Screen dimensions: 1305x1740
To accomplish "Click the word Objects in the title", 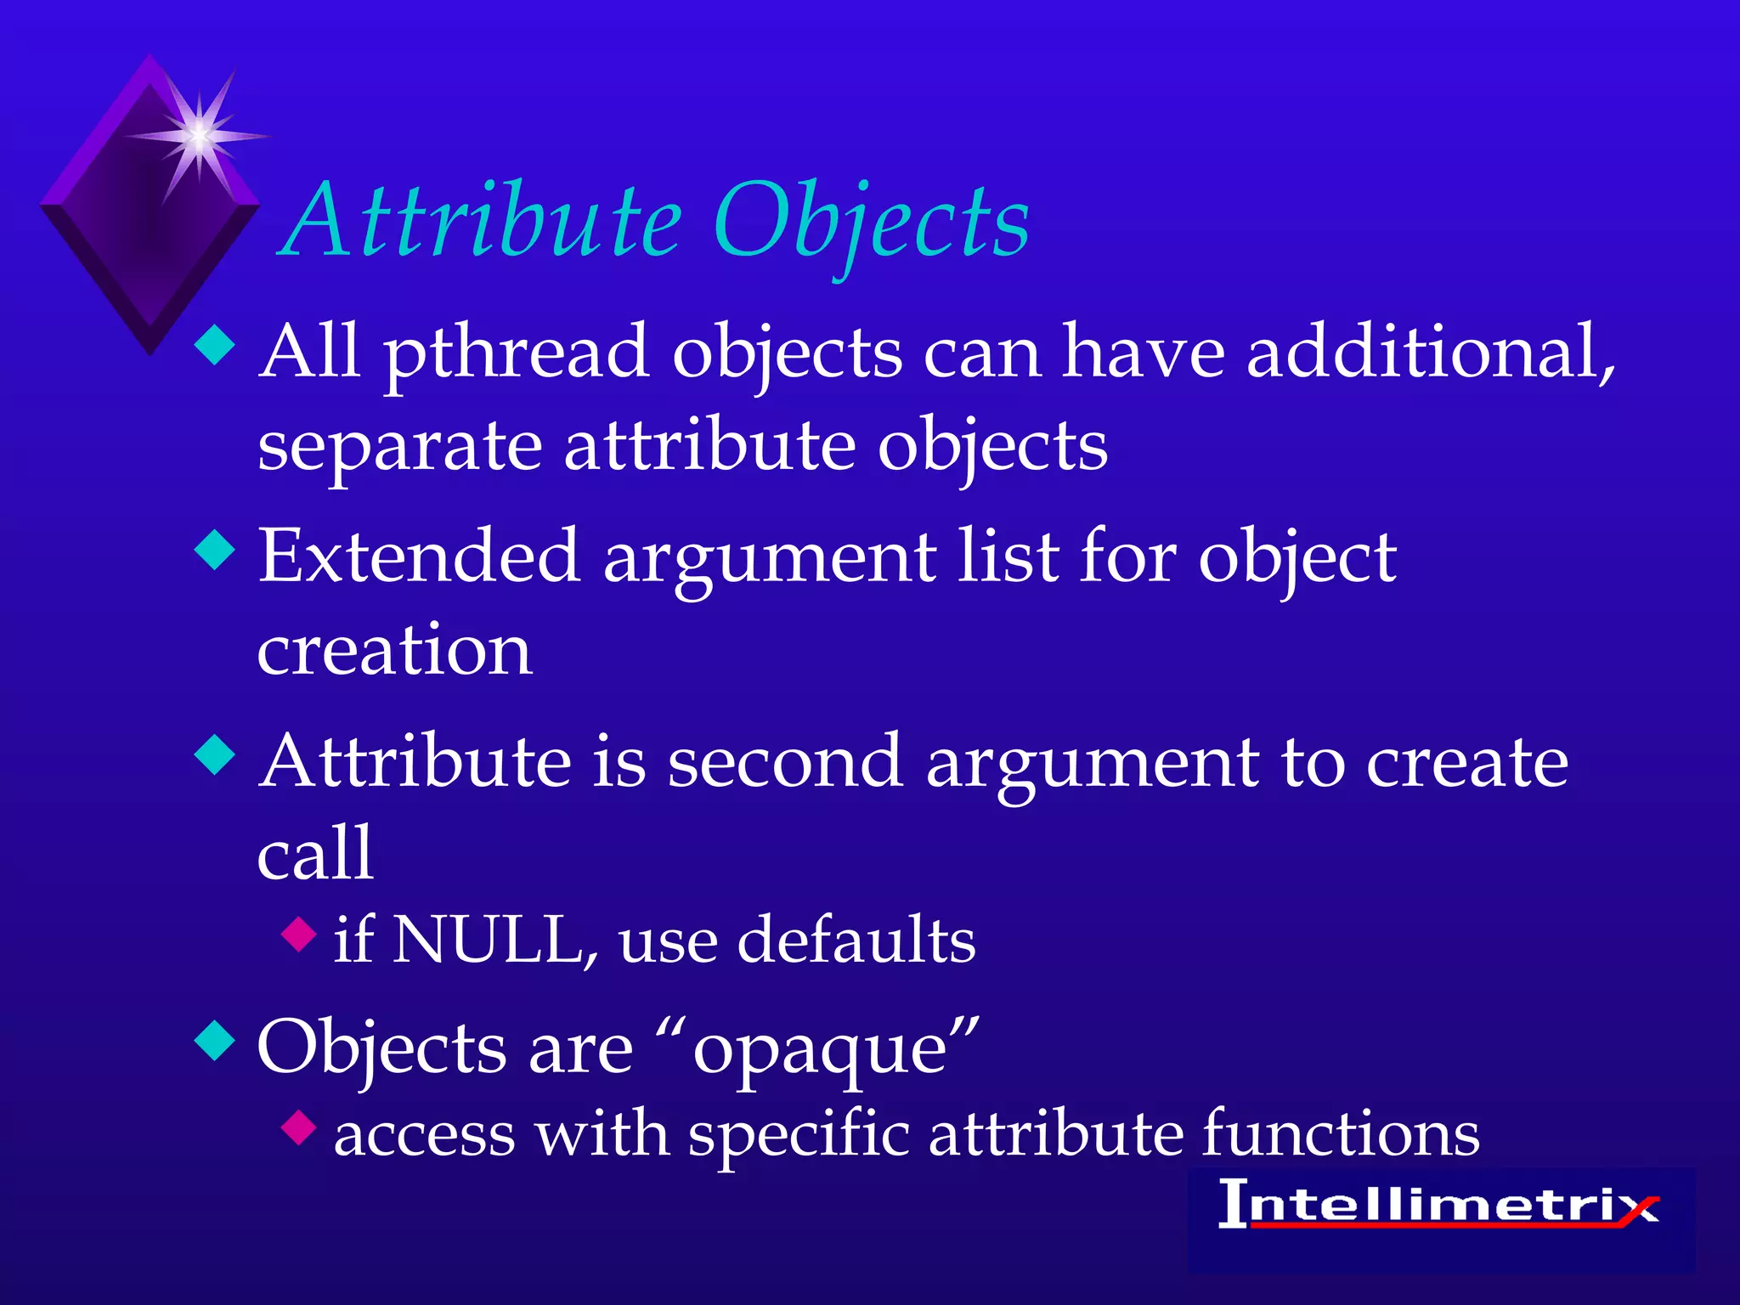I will tap(872, 223).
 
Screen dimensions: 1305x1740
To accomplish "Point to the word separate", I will tap(400, 448).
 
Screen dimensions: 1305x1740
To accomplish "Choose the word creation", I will tap(395, 650).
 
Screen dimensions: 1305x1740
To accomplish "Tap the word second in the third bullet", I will tap(785, 761).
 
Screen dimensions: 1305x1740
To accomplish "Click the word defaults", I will tap(856, 941).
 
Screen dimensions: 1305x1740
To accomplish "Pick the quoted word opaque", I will tap(819, 1049).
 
